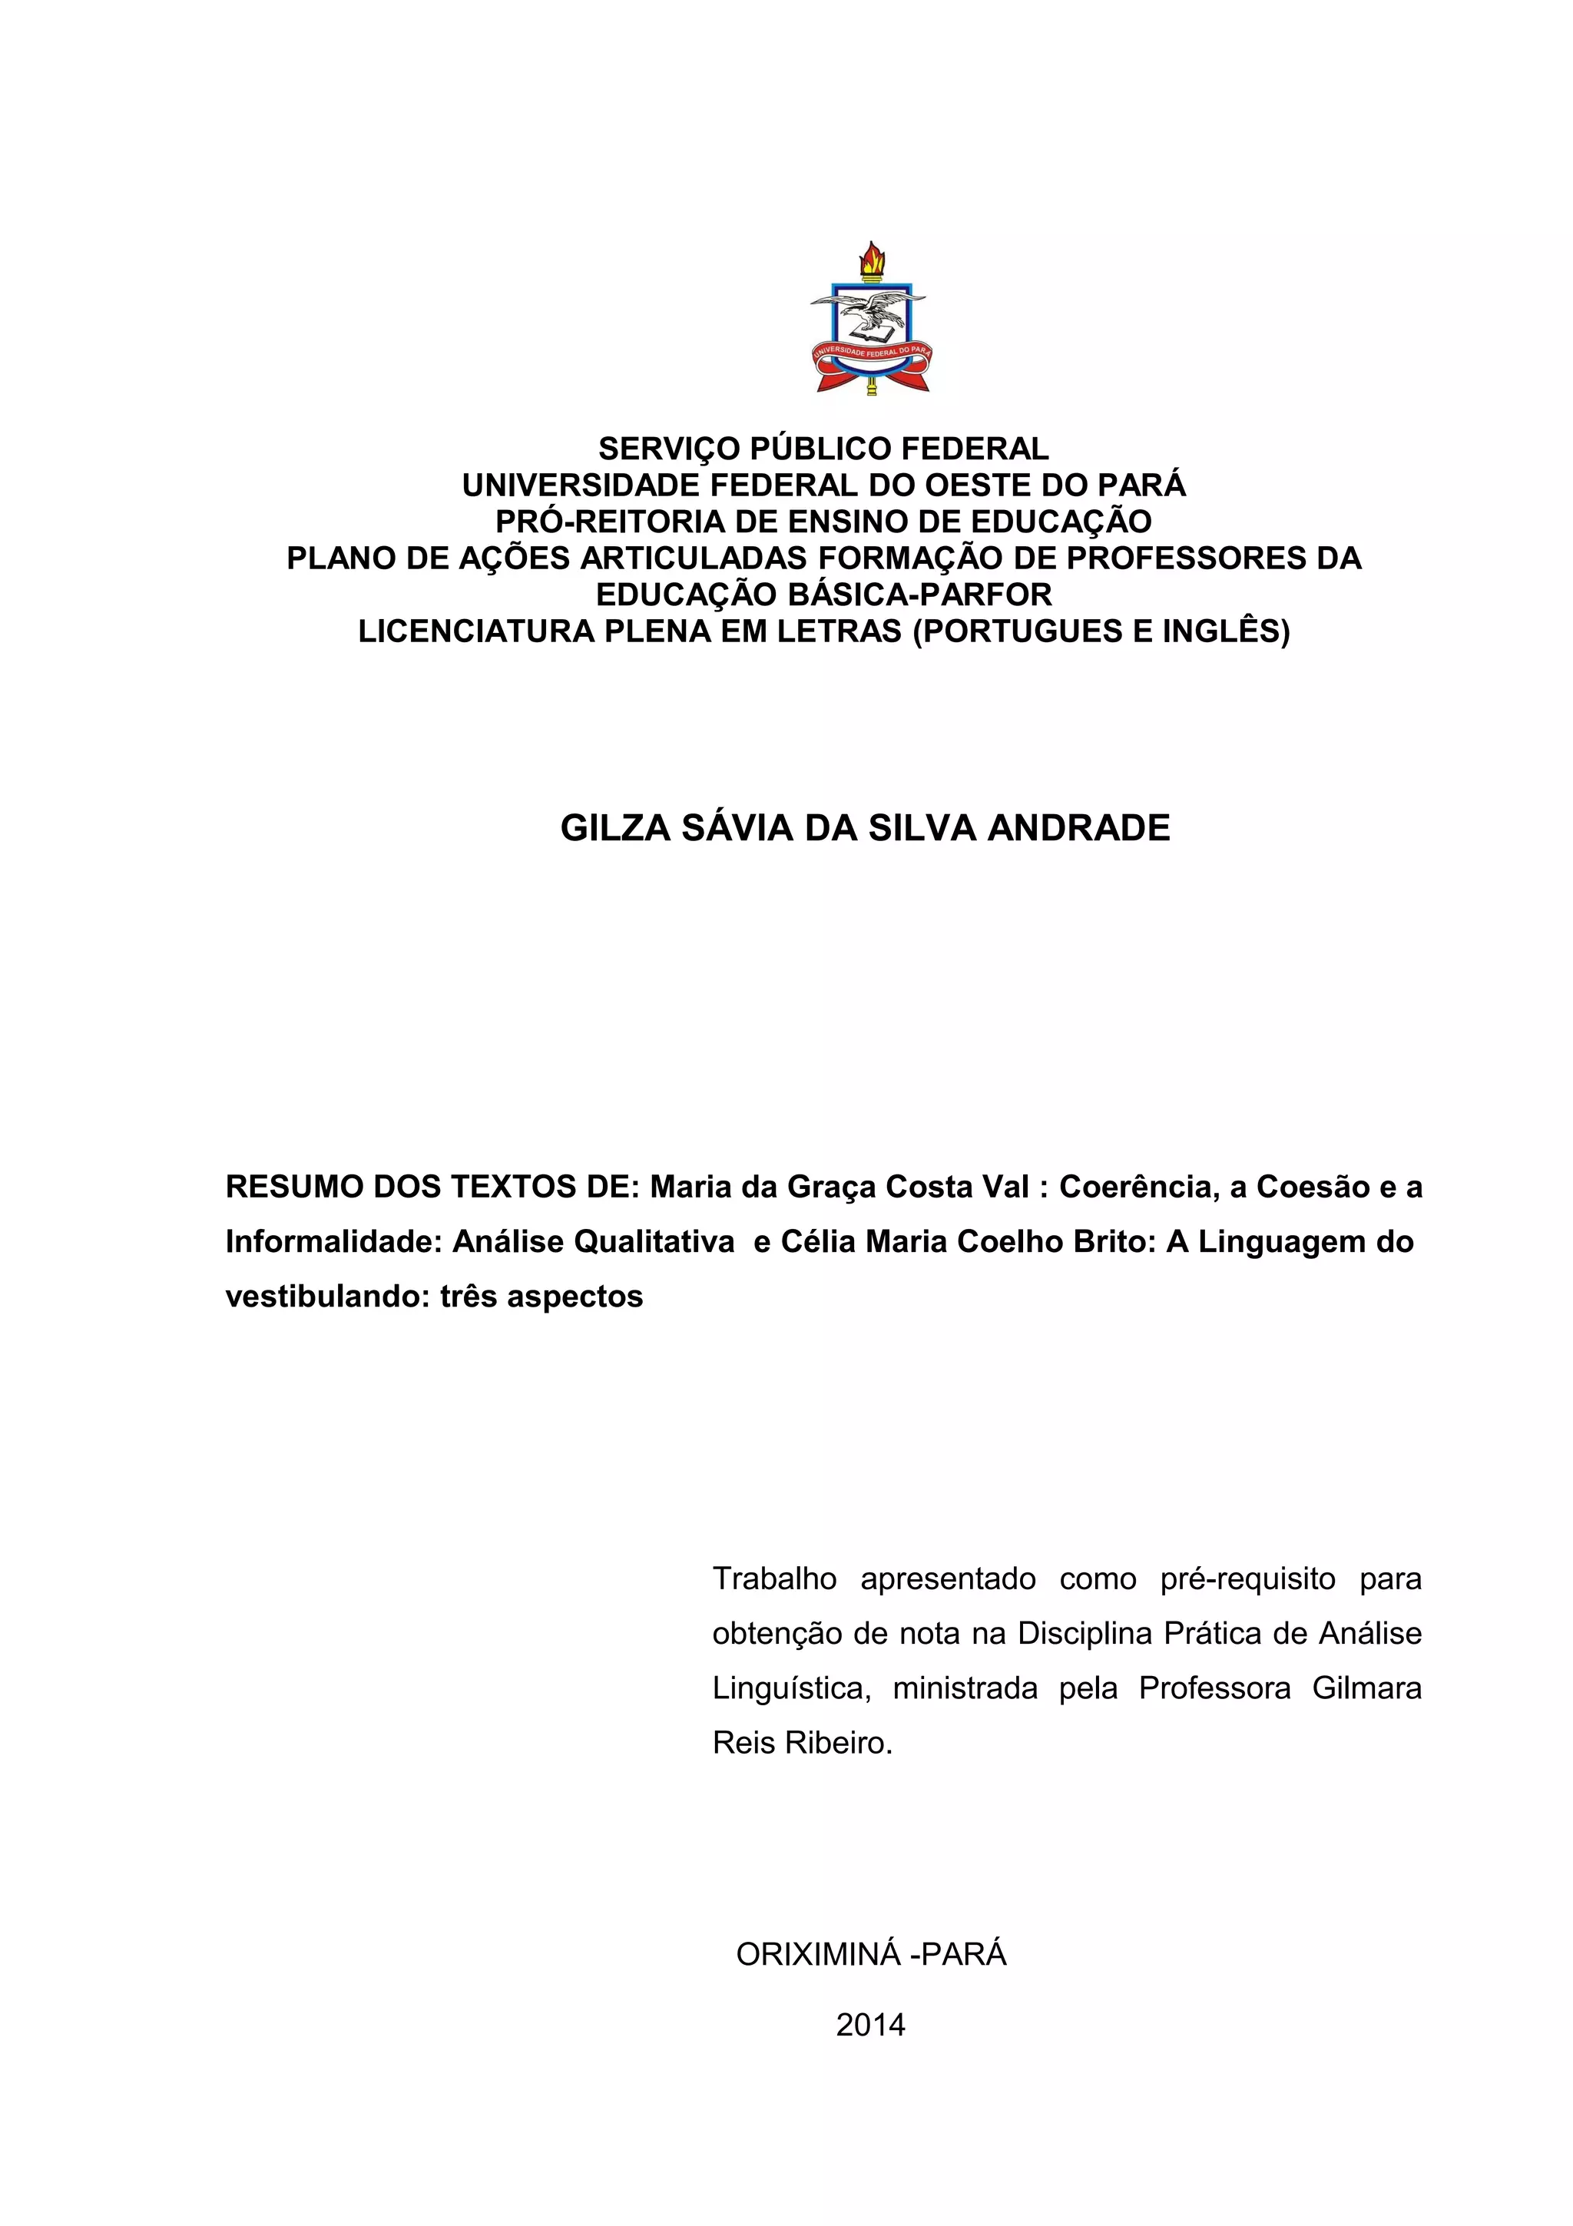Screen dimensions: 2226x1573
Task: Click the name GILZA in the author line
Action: point(615,828)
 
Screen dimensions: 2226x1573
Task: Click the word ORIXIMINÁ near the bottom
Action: point(819,1956)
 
